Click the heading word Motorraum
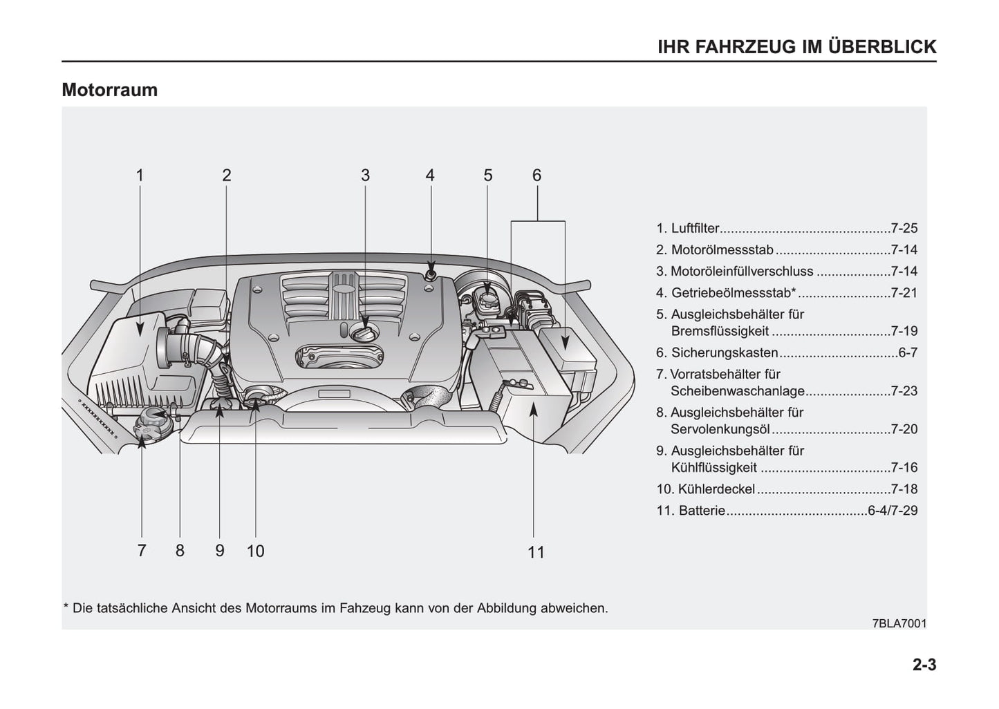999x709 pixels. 109,90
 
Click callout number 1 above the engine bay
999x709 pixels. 140,176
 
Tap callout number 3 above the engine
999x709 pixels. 365,176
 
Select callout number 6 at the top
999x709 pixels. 536,176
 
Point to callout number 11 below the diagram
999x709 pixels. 536,552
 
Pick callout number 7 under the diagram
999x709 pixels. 142,551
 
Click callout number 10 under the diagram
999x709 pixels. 255,551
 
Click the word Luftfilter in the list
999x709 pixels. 695,228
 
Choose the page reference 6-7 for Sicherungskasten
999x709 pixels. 908,352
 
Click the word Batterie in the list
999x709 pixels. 702,511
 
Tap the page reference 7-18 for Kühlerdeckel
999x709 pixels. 904,489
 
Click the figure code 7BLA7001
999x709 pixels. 899,623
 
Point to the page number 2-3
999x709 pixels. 924,665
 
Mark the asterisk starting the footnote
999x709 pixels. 66,607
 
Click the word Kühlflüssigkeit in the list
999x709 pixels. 714,468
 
